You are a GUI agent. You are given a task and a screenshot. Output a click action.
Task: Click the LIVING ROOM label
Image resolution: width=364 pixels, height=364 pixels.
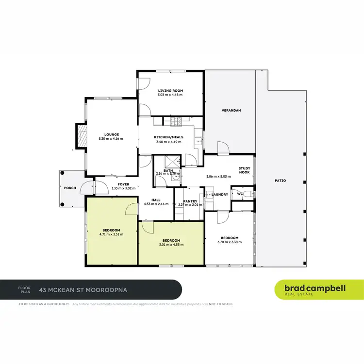tap(170, 90)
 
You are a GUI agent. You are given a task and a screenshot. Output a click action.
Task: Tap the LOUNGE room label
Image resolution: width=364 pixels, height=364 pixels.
tap(112, 134)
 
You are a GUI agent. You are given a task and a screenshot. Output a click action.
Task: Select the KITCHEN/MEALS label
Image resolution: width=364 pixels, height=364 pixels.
tap(168, 137)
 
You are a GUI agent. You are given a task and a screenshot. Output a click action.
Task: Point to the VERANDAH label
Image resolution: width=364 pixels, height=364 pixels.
tap(231, 110)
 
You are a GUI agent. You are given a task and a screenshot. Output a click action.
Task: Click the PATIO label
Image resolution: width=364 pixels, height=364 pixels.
tap(280, 181)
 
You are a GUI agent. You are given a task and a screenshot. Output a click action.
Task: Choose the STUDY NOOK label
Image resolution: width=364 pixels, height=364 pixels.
tap(244, 170)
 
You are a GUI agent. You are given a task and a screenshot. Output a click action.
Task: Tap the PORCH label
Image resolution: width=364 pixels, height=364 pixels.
tap(70, 188)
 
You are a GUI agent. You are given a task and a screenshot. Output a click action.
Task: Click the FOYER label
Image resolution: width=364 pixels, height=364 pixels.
tap(124, 184)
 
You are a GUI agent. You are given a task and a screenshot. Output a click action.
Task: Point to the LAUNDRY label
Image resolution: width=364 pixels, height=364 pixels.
tap(220, 195)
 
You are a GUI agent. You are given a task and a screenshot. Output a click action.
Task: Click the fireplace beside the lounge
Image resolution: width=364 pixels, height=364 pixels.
tap(81, 136)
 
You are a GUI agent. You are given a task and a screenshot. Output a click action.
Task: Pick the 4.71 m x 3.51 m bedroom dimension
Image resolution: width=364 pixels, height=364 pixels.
tap(111, 234)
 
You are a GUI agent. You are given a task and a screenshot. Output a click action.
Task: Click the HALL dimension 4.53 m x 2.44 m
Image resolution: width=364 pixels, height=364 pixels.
tap(156, 204)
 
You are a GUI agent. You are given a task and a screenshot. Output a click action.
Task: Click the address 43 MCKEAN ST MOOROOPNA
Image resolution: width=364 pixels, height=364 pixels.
tap(86, 290)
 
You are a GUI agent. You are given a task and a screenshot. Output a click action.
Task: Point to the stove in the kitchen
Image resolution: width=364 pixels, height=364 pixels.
tap(175, 120)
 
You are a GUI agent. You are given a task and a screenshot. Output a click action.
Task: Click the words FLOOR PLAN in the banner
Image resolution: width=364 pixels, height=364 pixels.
tap(24, 290)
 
